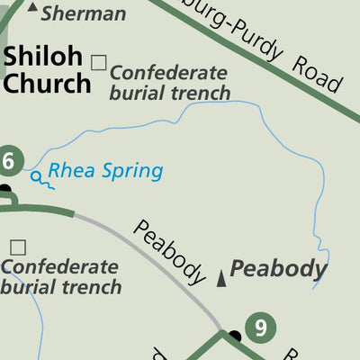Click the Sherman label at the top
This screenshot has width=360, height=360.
tap(84, 13)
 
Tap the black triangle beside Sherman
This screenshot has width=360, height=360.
tap(33, 8)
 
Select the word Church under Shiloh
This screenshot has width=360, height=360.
tap(48, 83)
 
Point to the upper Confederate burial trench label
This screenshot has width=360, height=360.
tap(169, 82)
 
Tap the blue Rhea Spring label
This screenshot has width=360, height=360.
tap(105, 170)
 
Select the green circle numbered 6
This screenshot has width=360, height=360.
tap(8, 162)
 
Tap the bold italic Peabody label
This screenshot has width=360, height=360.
tap(278, 269)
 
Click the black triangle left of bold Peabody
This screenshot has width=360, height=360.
tap(222, 278)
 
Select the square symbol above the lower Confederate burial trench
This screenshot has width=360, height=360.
tap(18, 247)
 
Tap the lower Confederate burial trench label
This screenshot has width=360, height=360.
tap(60, 277)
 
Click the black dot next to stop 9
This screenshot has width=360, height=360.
tap(236, 337)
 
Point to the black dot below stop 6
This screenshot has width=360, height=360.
tap(4, 190)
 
